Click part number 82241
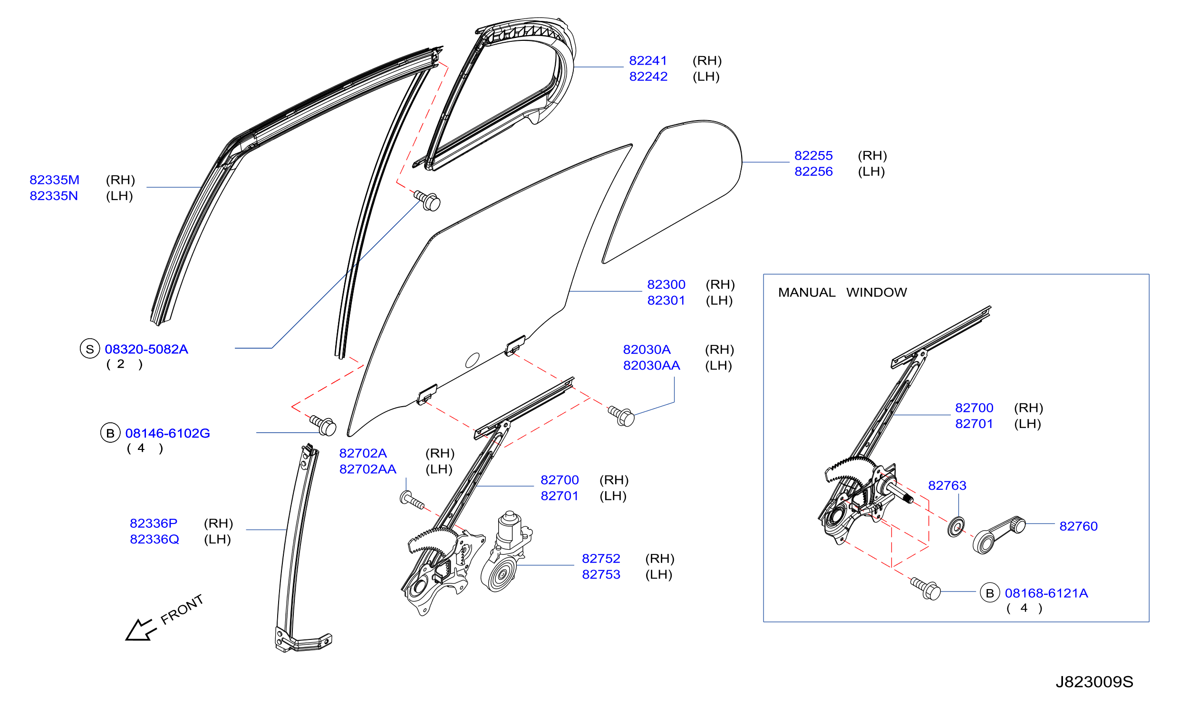pos(648,61)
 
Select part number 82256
pos(813,171)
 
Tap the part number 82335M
pos(54,180)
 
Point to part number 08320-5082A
pos(146,349)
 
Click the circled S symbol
pos(90,349)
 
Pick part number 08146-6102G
pos(167,433)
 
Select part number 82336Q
pos(155,539)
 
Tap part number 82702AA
pos(367,469)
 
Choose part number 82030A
pos(647,350)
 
